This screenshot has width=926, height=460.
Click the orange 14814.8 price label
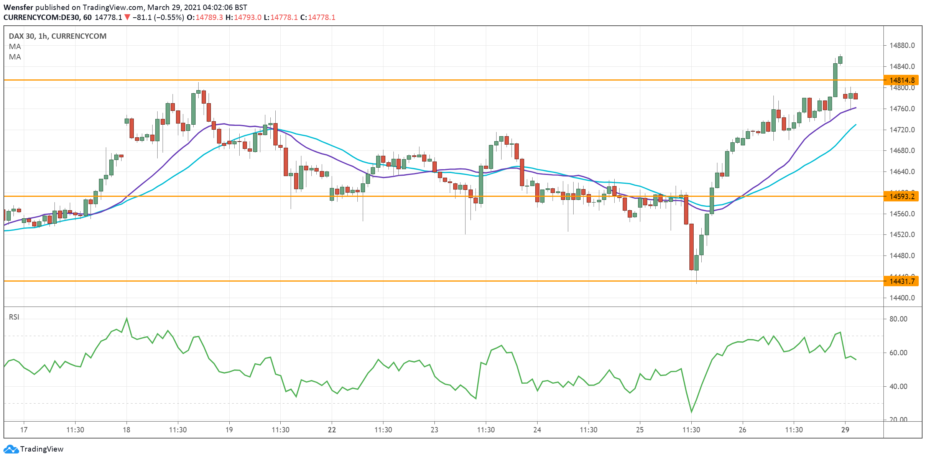[x=901, y=80]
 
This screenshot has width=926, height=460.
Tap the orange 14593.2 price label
[x=901, y=196]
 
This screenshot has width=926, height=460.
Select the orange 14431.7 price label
[x=901, y=281]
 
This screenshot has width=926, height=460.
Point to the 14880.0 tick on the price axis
[x=902, y=45]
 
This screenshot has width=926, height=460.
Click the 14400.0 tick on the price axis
[x=902, y=298]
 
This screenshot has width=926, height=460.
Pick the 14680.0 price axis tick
[x=902, y=150]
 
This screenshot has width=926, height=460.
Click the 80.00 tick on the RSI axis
[x=898, y=319]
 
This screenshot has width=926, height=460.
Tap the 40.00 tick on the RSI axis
[x=898, y=386]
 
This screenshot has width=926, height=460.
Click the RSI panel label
[x=14, y=317]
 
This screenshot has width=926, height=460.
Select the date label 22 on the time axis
[x=332, y=430]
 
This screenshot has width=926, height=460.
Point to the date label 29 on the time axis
[x=845, y=430]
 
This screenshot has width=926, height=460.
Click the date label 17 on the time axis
[x=24, y=430]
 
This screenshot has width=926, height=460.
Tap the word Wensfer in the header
[x=18, y=7]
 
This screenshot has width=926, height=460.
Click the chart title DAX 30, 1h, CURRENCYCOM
[x=58, y=36]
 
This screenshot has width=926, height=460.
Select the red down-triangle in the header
[x=127, y=17]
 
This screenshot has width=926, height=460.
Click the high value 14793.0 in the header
[x=247, y=17]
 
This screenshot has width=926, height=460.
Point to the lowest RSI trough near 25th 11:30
[x=691, y=412]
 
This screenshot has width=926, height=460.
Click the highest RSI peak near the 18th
[x=127, y=318]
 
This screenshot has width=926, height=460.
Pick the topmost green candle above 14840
[x=840, y=60]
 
